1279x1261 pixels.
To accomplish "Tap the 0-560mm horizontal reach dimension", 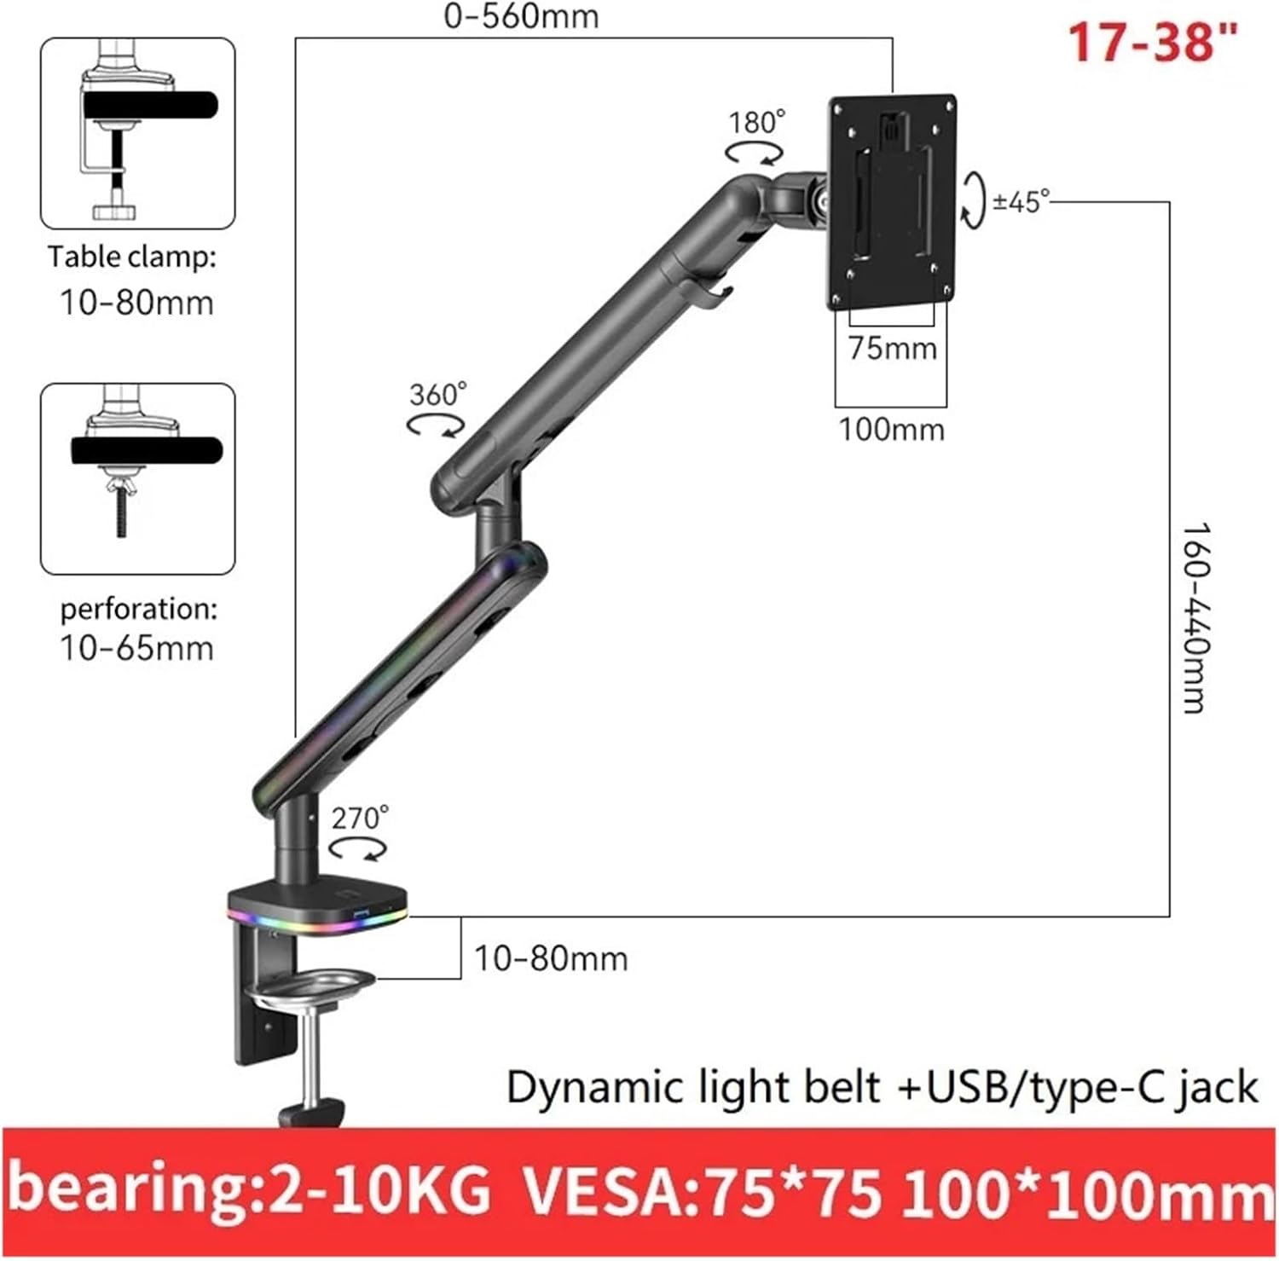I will pos(521,15).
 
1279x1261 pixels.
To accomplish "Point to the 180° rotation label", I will pos(755,123).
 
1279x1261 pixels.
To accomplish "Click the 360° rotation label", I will pos(437,395).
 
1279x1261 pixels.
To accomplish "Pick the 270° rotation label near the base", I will pos(359,818).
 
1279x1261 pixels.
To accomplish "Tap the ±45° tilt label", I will pos(1021,202).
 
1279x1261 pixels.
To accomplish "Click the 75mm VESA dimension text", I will pos(892,349).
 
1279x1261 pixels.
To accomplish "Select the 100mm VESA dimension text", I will pos(891,429).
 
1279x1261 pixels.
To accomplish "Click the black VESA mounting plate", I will pos(891,202).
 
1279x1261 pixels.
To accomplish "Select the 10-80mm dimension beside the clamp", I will pos(550,958).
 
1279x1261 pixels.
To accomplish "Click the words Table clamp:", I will pos(132,257).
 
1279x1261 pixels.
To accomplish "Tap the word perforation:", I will pos(138,609).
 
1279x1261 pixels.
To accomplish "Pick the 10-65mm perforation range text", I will pos(136,648).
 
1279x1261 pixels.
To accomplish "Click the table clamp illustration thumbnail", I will pos(138,133).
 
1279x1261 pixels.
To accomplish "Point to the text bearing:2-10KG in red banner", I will pos(250,1189).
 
